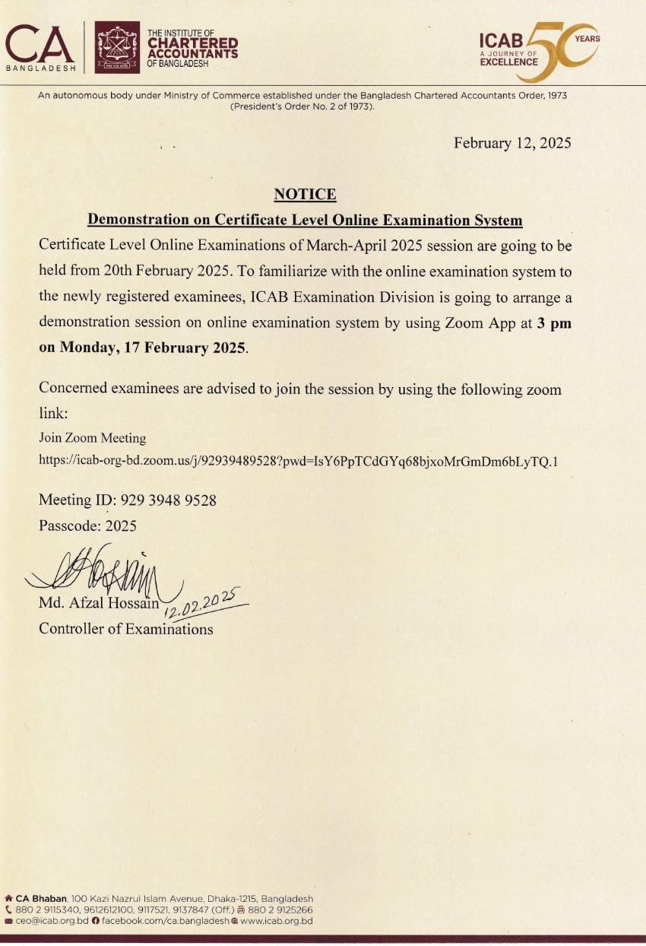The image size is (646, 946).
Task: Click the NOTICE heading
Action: [305, 195]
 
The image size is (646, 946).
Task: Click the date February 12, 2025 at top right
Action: [511, 143]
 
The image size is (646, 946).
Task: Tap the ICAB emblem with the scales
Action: [117, 47]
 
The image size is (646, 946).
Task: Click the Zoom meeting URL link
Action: [298, 461]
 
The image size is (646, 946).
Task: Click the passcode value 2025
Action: [121, 525]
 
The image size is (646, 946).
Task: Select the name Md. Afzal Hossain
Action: [99, 605]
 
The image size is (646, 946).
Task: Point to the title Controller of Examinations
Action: [126, 629]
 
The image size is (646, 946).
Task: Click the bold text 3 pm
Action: [554, 322]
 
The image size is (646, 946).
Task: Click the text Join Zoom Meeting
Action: [92, 438]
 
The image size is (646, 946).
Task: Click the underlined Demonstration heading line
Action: [305, 221]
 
